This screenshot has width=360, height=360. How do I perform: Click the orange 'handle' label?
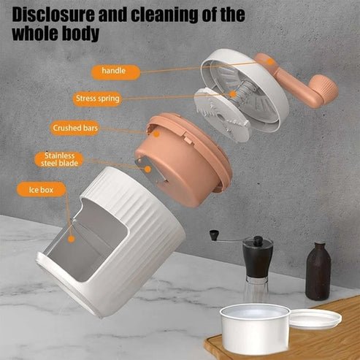click(114, 72)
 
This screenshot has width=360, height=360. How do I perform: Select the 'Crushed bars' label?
click(75, 129)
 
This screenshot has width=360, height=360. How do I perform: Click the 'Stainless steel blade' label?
click(59, 160)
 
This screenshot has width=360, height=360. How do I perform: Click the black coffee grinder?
click(258, 263)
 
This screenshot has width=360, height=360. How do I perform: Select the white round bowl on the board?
click(255, 329)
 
